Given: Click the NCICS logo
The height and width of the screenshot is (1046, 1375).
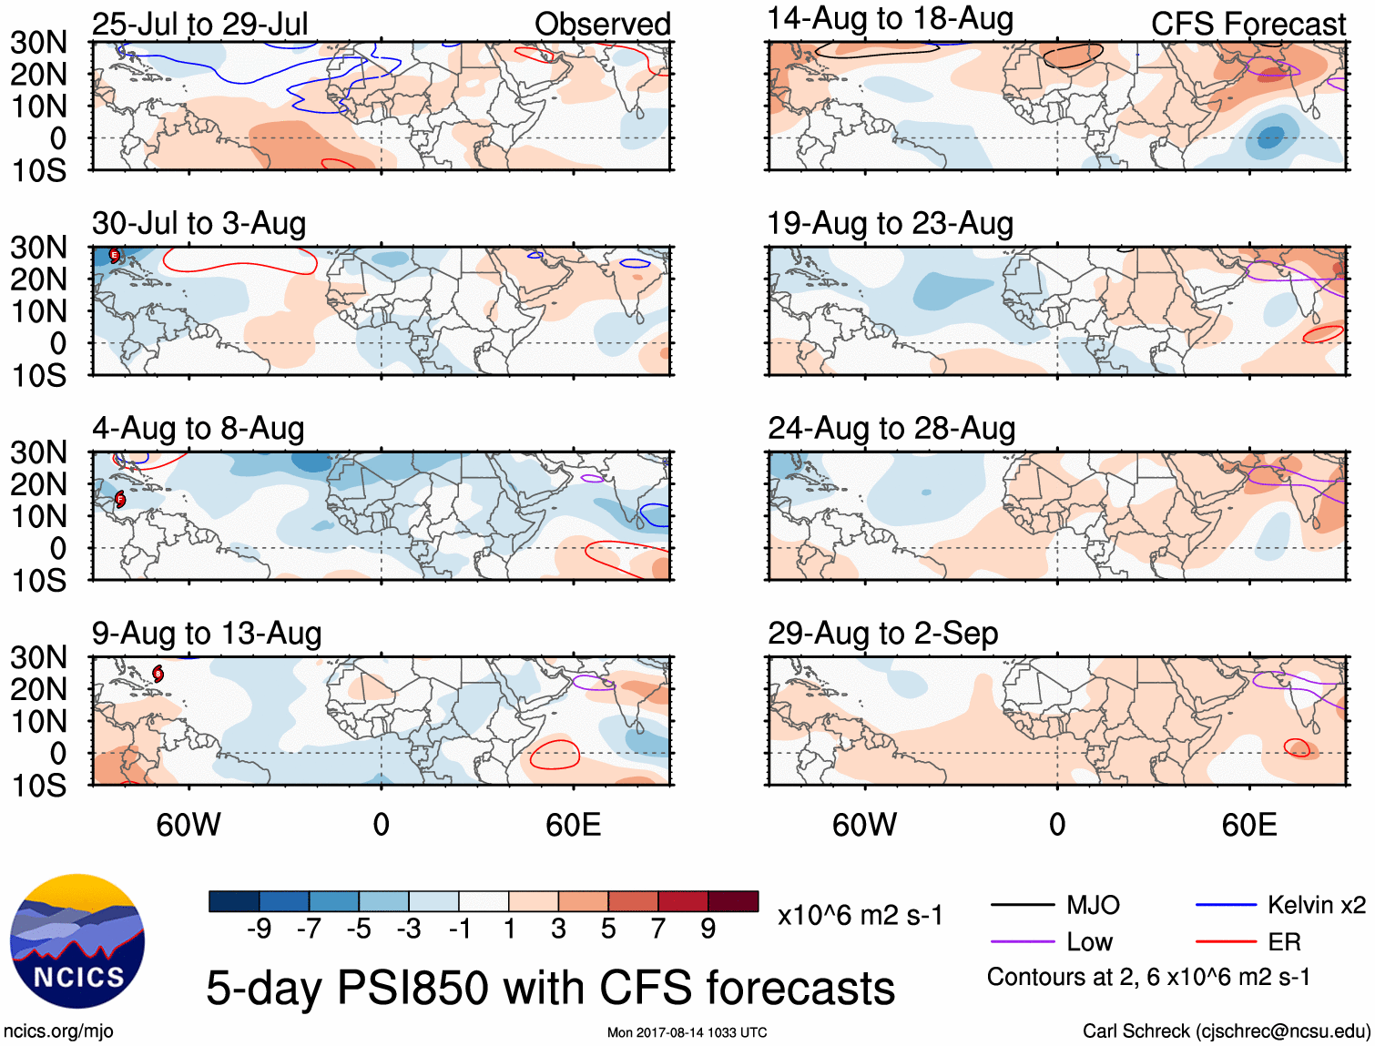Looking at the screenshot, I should click(77, 941).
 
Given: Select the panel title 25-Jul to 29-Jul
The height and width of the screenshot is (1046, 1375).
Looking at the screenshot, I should click(199, 24).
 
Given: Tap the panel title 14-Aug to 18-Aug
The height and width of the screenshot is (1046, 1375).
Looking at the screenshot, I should click(890, 18).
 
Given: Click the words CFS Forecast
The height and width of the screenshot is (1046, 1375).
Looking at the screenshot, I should click(1248, 25).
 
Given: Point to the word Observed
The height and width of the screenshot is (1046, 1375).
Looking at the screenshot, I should click(602, 25).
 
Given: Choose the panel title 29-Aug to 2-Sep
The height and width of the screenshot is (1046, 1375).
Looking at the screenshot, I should click(882, 633).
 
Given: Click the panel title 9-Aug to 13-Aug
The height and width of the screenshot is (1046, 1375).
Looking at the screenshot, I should click(207, 633).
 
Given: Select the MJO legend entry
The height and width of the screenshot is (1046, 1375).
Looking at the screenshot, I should click(1093, 905).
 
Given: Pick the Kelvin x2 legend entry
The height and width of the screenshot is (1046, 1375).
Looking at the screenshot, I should click(1316, 905).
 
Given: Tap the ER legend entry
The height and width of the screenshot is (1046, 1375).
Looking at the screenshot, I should click(1284, 941).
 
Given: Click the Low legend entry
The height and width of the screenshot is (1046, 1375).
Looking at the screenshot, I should click(1089, 941).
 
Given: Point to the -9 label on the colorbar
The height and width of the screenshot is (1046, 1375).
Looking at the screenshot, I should click(259, 929).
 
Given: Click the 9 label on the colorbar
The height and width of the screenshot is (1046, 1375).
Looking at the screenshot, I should click(708, 929).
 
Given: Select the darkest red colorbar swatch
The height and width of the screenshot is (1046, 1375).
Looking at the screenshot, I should click(733, 901).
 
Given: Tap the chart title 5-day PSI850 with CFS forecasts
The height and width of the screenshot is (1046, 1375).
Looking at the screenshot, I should click(550, 988).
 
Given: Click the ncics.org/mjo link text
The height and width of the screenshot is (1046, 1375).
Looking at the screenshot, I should click(58, 1031).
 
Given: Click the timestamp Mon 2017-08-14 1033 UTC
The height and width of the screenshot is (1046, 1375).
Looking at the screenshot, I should click(687, 1032).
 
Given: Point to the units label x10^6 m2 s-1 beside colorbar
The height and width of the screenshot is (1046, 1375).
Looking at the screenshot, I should click(860, 915).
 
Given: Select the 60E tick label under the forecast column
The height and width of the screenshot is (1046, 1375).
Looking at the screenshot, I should click(1248, 825).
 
